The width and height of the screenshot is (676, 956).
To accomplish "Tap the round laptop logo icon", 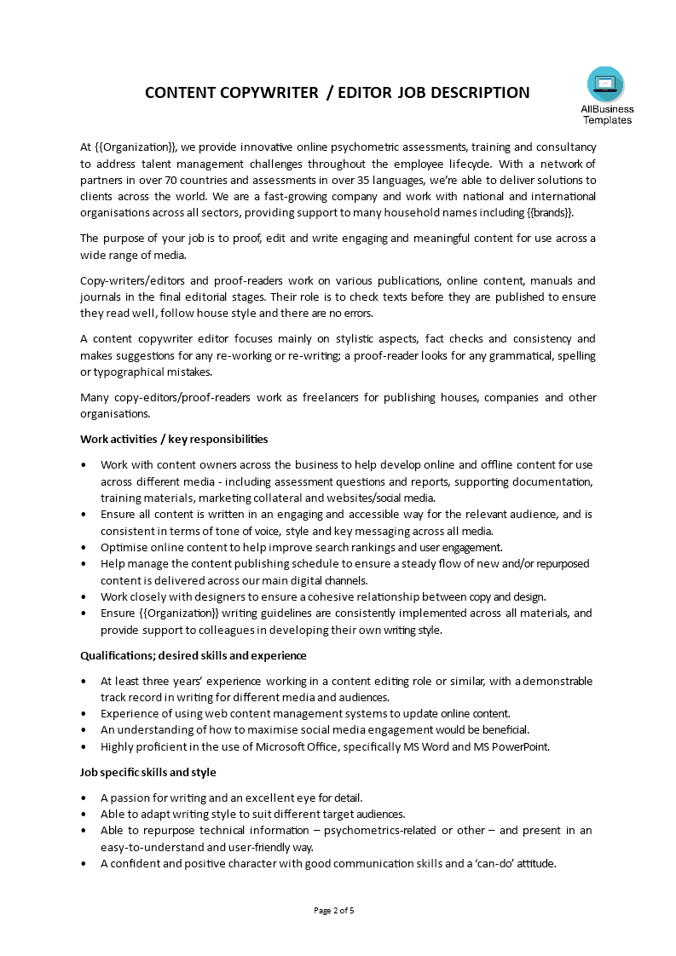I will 605,84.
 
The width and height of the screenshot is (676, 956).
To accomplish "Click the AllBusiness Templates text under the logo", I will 607,114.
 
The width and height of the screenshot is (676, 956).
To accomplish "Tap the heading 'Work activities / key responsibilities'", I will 174,440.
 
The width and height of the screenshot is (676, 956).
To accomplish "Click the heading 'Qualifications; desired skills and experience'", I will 193,656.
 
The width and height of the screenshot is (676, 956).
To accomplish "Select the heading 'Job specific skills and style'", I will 147,772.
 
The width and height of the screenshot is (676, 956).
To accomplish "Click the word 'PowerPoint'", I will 520,747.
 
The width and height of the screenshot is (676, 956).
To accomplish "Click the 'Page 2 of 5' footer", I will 334,910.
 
